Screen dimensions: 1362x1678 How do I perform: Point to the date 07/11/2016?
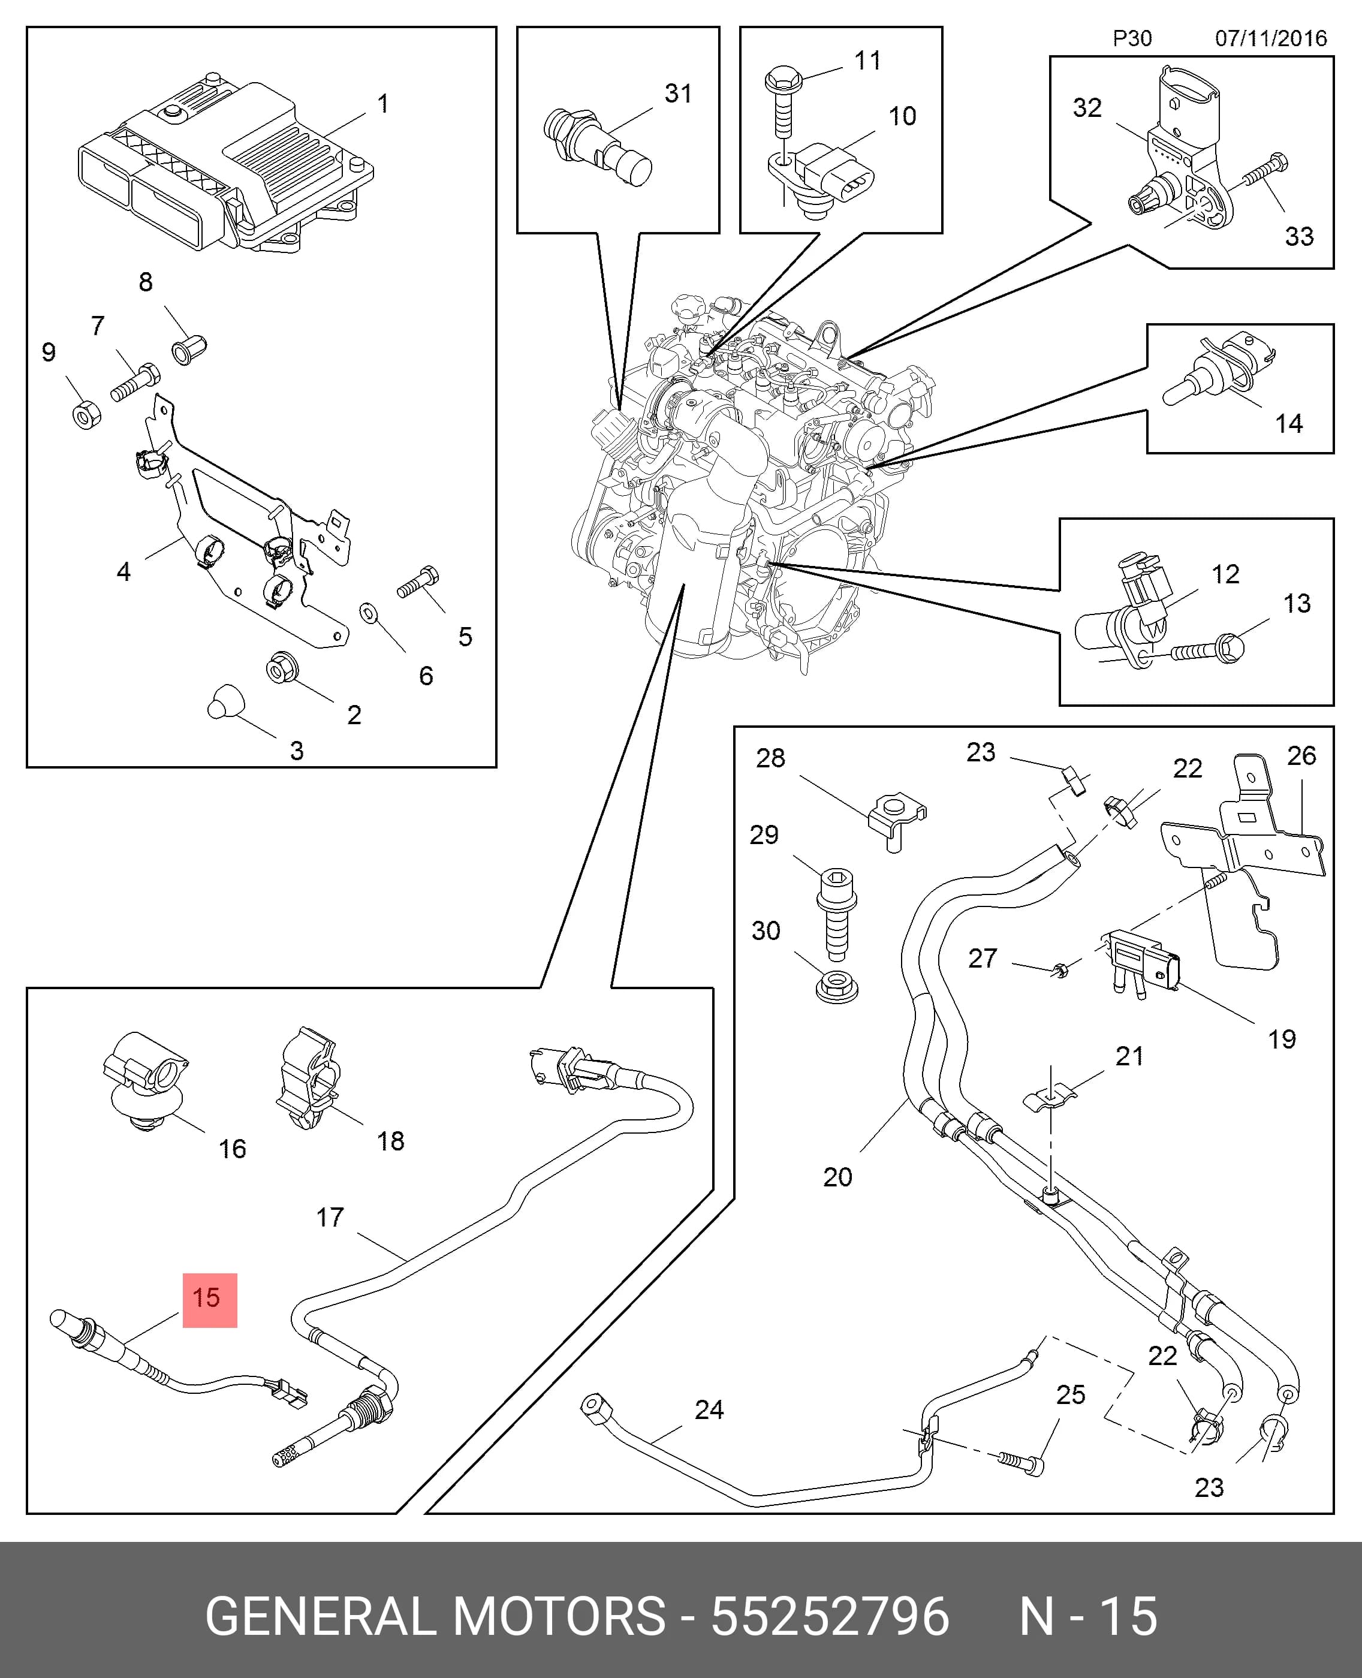pos(1270,38)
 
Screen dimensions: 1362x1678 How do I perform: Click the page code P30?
pos(1132,38)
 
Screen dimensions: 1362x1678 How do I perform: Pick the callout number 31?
pos(679,94)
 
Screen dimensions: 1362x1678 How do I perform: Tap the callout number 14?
pos(1288,424)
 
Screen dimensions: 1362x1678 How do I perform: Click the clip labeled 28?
pos(897,823)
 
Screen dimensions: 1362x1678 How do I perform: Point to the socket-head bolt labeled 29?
pos(836,913)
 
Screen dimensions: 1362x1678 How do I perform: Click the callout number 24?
pos(709,1409)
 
